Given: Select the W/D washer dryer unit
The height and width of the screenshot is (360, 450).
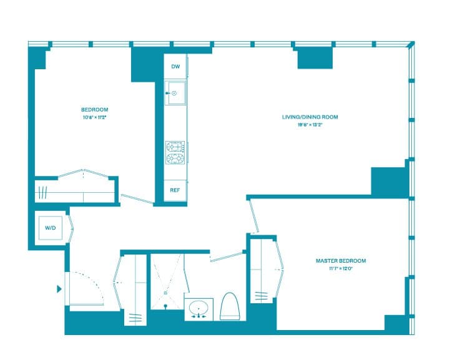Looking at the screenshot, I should [x=50, y=228].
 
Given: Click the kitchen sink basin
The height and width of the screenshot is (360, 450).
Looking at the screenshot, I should [x=175, y=94].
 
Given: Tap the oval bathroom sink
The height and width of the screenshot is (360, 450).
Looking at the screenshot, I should [x=200, y=309].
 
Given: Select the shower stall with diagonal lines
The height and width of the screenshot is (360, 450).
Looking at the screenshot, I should [x=167, y=281].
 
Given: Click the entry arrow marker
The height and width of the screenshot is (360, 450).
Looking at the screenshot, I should [x=59, y=289].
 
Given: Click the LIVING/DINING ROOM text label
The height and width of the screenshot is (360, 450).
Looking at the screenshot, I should [x=310, y=117].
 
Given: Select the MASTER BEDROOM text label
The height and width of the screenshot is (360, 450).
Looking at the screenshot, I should [x=340, y=261].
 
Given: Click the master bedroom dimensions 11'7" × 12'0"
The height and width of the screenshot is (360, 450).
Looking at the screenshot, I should [x=340, y=269].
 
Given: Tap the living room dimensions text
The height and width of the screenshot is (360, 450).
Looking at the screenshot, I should [x=310, y=125].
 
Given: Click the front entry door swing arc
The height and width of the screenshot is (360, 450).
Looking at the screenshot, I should [x=87, y=287].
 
